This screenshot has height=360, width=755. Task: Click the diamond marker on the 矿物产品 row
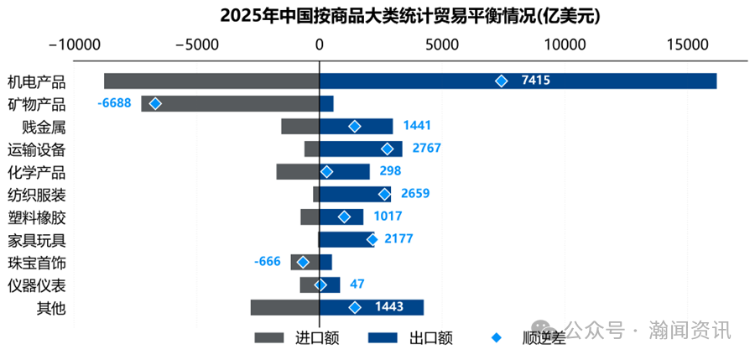pyautogui.click(x=155, y=104)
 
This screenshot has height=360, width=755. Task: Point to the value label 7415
pyautogui.click(x=535, y=81)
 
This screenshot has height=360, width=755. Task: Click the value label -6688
pyautogui.click(x=115, y=103)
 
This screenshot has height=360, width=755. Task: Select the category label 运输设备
pyautogui.click(x=36, y=149)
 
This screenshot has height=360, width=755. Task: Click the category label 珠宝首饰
pyautogui.click(x=36, y=263)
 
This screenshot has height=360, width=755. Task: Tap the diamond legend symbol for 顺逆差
pyautogui.click(x=497, y=338)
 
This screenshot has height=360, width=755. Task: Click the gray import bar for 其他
pyautogui.click(x=284, y=308)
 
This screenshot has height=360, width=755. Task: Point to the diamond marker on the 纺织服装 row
pyautogui.click(x=385, y=194)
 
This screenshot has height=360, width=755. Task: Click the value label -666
pyautogui.click(x=267, y=262)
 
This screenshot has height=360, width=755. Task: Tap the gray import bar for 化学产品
pyautogui.click(x=297, y=171)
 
